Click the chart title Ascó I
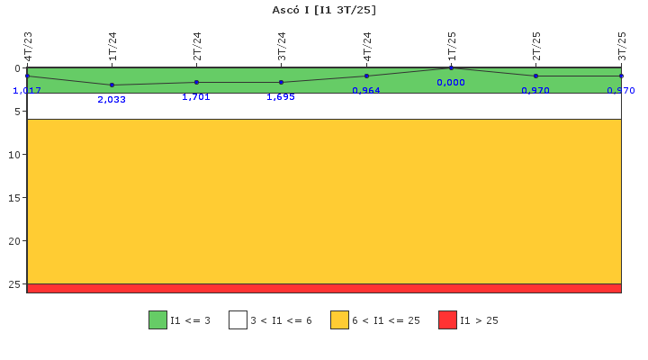324,10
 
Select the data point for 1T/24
112,85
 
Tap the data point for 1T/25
451,67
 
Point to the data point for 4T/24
366,76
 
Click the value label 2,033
112,99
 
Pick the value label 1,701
196,96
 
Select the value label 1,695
281,96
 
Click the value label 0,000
451,82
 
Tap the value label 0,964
366,90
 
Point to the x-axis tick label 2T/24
197,46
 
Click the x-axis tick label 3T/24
282,46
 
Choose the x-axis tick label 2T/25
536,46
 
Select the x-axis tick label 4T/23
28,46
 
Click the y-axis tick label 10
13,155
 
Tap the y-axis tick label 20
13,241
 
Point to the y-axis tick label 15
13,198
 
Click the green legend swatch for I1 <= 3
157,319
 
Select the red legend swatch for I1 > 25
447,319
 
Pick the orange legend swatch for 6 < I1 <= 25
339,319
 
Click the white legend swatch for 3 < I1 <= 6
238,319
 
